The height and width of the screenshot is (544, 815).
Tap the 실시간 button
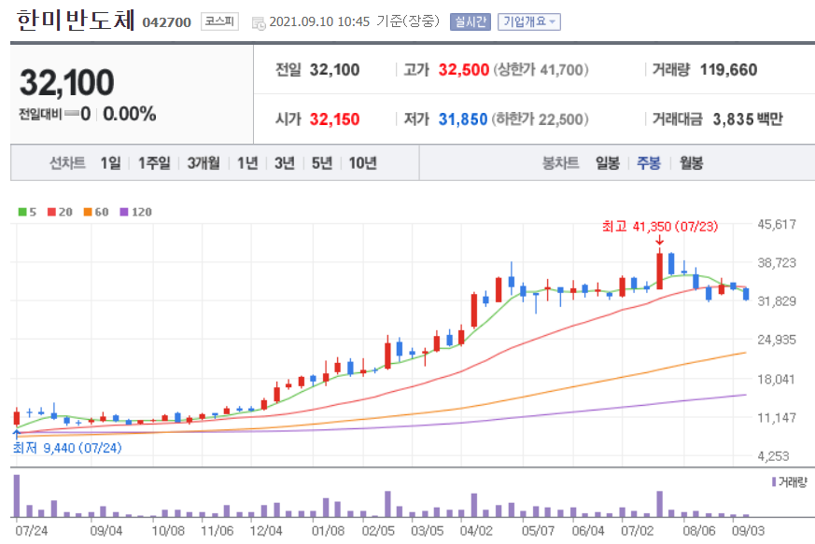click(x=470, y=21)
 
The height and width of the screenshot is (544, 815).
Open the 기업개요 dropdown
click(x=528, y=21)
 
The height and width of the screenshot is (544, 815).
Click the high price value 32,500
click(x=457, y=70)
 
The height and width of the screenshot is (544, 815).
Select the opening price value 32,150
click(x=334, y=119)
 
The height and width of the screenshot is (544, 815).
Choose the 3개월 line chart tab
click(x=203, y=163)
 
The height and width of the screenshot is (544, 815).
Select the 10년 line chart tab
click(x=362, y=163)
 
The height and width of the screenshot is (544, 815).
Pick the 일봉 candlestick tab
click(x=608, y=163)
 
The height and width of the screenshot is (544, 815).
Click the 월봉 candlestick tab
click(x=692, y=163)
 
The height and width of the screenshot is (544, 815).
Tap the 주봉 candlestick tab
click(x=649, y=163)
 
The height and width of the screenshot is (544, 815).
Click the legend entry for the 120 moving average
click(x=136, y=212)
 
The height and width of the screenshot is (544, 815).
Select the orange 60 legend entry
click(x=96, y=212)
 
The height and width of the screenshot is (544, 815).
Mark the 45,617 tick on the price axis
click(x=776, y=224)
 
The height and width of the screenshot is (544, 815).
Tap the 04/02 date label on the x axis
click(x=476, y=530)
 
